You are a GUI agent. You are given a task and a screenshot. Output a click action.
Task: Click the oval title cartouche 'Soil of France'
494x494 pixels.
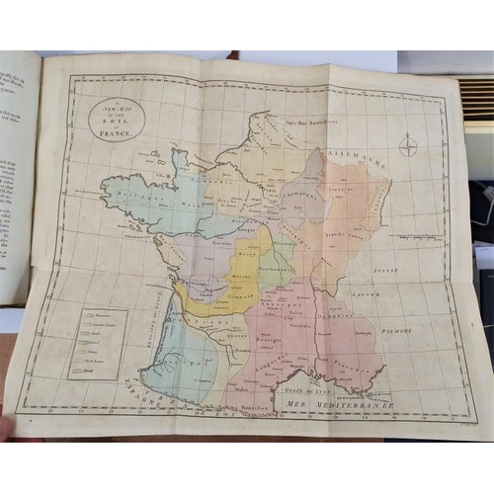coord(116,119)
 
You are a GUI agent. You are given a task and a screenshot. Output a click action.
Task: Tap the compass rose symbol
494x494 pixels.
coord(407,148)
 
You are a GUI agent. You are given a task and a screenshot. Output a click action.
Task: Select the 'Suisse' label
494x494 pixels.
coord(395,239)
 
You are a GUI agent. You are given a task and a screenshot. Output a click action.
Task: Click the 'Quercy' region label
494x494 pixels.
coord(235,332)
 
